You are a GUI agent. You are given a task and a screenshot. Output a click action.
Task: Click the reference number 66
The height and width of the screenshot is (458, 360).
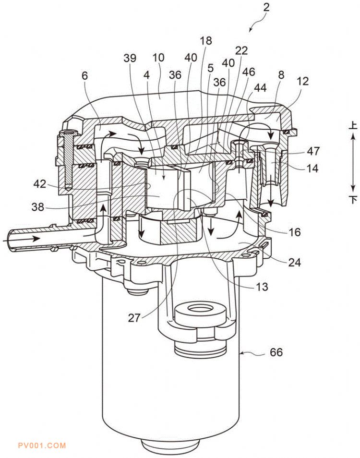(276, 352)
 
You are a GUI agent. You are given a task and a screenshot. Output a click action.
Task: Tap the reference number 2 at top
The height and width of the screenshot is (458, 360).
(266, 7)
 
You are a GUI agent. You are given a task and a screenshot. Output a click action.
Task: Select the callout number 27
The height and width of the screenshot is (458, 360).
(134, 317)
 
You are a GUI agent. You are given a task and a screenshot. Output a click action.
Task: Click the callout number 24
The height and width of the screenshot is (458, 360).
(294, 262)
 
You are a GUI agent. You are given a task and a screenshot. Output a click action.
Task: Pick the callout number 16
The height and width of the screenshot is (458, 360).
(294, 232)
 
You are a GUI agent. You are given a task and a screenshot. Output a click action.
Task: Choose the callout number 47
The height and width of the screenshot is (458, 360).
(313, 151)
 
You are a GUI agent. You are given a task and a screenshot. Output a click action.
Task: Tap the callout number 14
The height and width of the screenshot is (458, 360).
(312, 168)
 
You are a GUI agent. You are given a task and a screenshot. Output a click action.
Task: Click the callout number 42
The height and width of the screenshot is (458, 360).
(40, 184)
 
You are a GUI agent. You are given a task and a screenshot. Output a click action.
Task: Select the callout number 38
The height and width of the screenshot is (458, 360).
(37, 207)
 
